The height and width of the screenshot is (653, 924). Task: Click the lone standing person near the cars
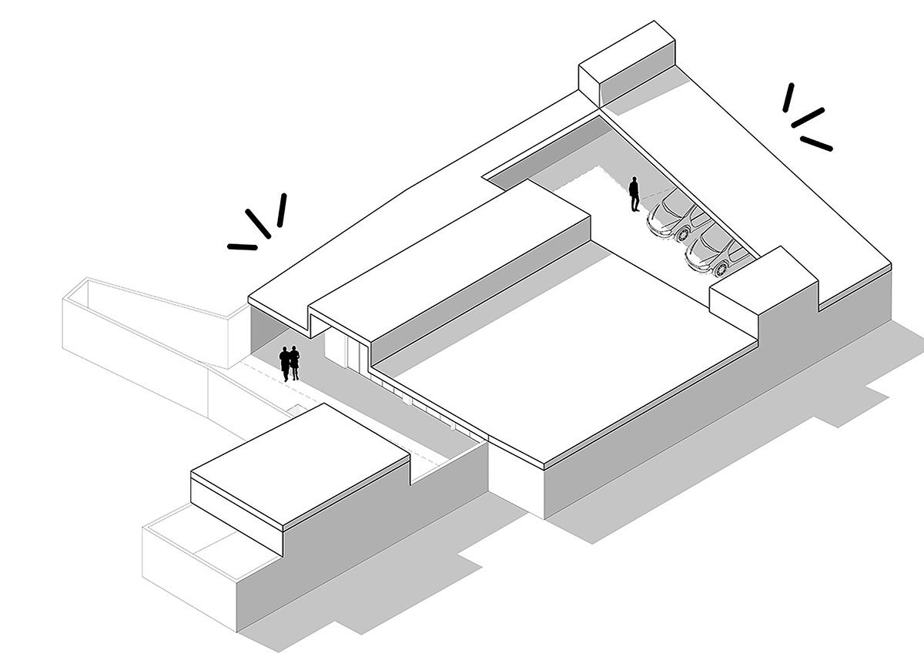[x=634, y=195]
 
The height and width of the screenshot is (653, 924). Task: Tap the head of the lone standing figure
[x=634, y=181]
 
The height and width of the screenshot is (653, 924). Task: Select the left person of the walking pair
[x=285, y=363]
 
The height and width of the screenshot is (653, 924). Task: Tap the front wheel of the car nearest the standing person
[x=682, y=233]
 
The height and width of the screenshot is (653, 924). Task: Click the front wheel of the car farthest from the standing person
[x=721, y=270]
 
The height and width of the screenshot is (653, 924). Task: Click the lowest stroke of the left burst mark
[x=243, y=247]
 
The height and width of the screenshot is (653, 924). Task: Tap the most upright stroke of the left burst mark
[x=281, y=209]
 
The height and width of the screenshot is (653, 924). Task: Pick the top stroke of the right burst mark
[x=788, y=97]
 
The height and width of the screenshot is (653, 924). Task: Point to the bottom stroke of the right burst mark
[x=816, y=142]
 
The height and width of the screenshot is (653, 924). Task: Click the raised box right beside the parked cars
[x=761, y=289]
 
